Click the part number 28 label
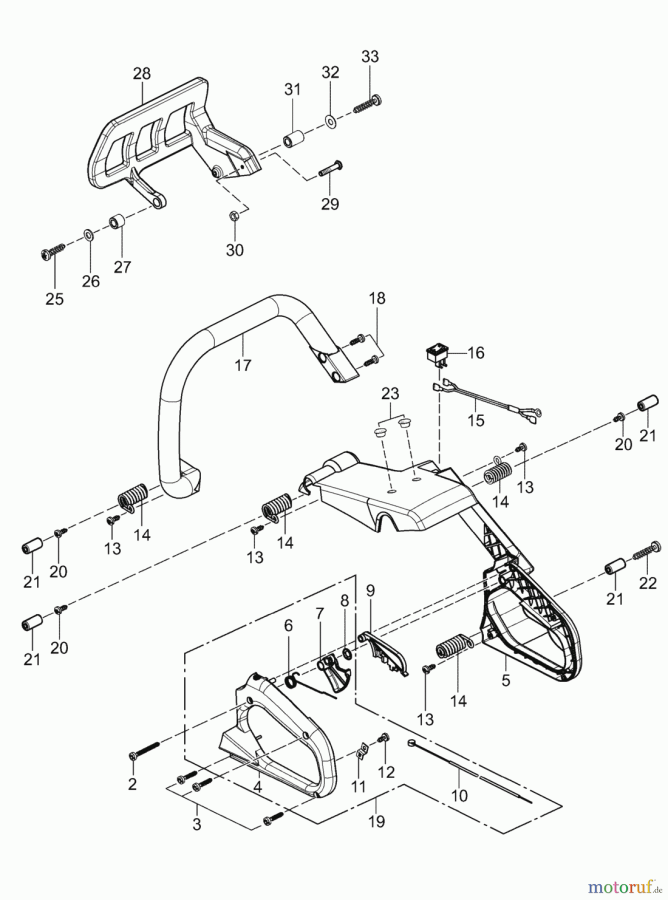[142, 74]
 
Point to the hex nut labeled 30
[234, 215]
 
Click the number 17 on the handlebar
[243, 365]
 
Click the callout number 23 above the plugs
[390, 393]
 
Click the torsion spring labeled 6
[291, 680]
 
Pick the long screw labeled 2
[144, 749]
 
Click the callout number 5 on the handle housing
[506, 680]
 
